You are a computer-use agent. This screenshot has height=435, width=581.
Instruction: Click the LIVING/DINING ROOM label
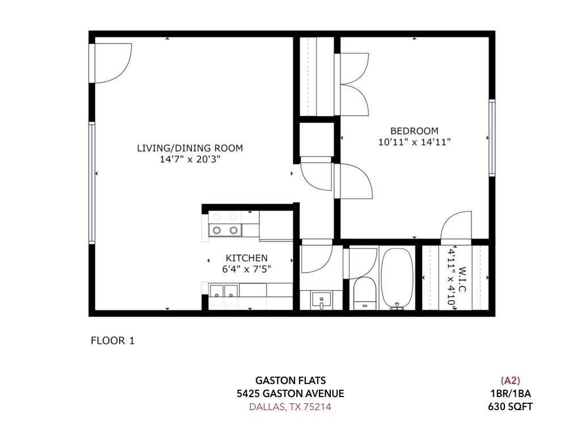click(190, 148)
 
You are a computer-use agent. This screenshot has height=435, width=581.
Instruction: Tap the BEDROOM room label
click(414, 131)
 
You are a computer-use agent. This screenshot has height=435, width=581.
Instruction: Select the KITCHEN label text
click(246, 258)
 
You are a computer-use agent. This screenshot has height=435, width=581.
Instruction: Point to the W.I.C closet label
click(462, 279)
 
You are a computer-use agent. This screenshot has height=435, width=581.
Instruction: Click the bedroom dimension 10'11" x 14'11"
click(414, 142)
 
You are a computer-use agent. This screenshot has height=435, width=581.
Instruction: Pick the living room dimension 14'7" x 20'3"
click(190, 159)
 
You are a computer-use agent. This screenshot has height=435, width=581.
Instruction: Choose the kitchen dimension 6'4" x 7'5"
click(246, 269)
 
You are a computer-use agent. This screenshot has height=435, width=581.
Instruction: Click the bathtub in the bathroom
click(397, 278)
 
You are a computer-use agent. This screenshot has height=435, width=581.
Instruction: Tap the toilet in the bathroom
click(365, 294)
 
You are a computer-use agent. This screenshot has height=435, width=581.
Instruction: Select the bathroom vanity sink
click(321, 300)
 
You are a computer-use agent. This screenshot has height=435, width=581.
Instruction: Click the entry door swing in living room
click(111, 63)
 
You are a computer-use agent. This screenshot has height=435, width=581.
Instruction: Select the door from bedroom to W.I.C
click(456, 226)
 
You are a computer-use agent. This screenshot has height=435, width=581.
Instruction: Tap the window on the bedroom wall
click(492, 138)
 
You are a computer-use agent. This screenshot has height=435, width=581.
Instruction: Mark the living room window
click(91, 183)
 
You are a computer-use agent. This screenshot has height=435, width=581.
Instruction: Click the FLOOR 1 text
click(113, 340)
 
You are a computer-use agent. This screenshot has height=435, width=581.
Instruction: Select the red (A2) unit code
click(510, 380)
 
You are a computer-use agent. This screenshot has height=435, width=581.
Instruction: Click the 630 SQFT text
click(510, 407)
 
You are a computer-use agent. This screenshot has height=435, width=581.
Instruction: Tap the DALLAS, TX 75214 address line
click(290, 407)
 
